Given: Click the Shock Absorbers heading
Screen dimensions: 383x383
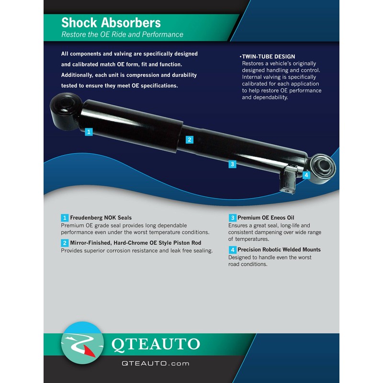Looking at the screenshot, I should [x=111, y=23].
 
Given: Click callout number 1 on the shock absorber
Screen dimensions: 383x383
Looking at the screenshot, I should [x=89, y=132].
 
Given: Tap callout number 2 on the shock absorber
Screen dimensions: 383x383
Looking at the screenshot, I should [x=190, y=140].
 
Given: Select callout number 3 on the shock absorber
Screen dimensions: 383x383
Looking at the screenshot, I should [x=232, y=164].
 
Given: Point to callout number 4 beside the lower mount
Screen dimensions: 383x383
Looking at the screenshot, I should [x=306, y=175].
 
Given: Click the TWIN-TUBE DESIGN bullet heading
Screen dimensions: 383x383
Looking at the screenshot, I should [x=268, y=56].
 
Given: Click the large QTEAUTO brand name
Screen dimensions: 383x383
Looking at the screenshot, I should [x=155, y=344].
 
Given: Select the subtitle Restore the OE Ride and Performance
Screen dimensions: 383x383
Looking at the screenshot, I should [x=122, y=34].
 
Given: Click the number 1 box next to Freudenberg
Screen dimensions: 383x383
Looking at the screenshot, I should [x=65, y=217].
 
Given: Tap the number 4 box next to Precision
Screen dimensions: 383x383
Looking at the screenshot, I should [x=232, y=249].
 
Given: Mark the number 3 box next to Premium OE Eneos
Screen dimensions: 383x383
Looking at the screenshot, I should [x=232, y=217].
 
